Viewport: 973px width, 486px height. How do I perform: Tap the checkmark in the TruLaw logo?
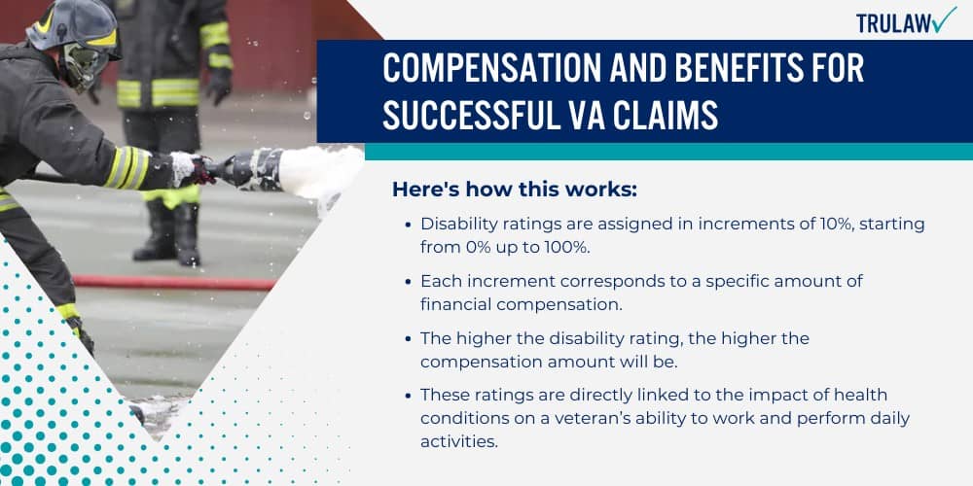click(x=943, y=19)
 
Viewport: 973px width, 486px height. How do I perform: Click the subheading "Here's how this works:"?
click(x=514, y=189)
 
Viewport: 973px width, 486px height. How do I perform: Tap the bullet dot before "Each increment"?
click(x=407, y=281)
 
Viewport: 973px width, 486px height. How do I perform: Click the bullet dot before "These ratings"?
click(x=407, y=396)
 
